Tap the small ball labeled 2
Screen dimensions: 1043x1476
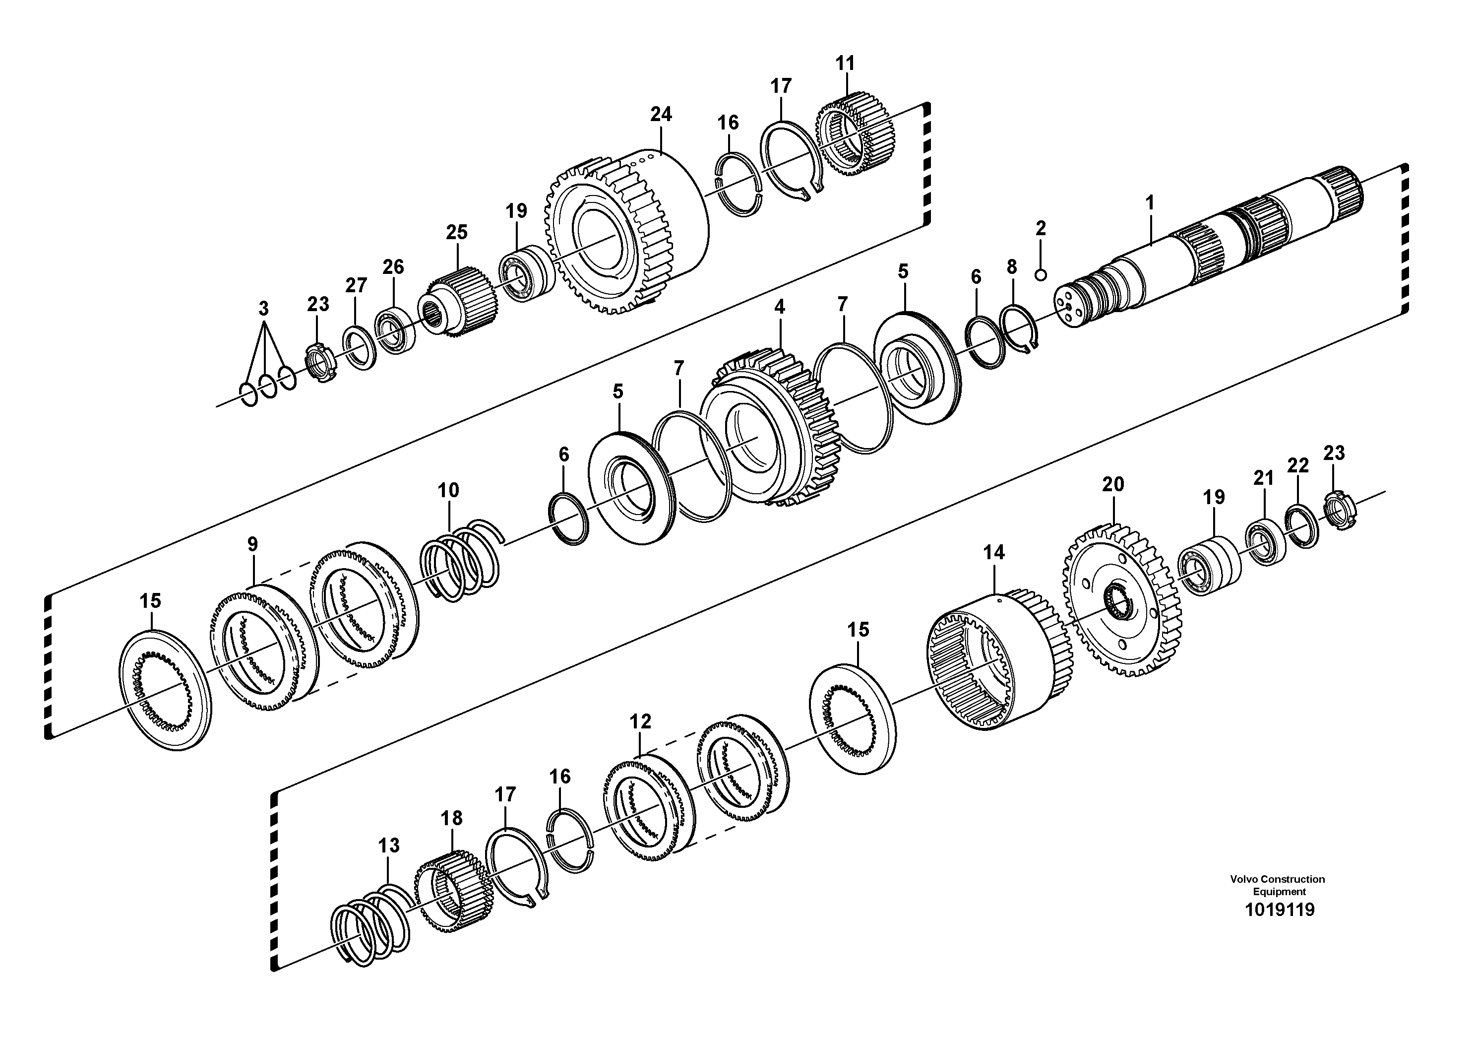[1041, 275]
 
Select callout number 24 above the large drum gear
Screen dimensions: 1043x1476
[660, 115]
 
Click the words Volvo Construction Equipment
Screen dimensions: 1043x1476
[1278, 885]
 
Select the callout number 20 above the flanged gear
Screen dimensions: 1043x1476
[1113, 484]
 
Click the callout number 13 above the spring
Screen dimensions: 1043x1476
[389, 845]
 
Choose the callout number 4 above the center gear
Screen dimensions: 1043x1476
[779, 307]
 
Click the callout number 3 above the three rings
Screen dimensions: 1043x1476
[263, 309]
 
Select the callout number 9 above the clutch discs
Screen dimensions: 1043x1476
[252, 545]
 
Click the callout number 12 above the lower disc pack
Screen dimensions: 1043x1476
[640, 721]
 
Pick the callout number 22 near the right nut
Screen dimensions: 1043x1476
[1298, 465]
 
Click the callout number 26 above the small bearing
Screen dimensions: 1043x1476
[393, 267]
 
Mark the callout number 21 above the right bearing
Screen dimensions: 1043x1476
[1263, 478]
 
